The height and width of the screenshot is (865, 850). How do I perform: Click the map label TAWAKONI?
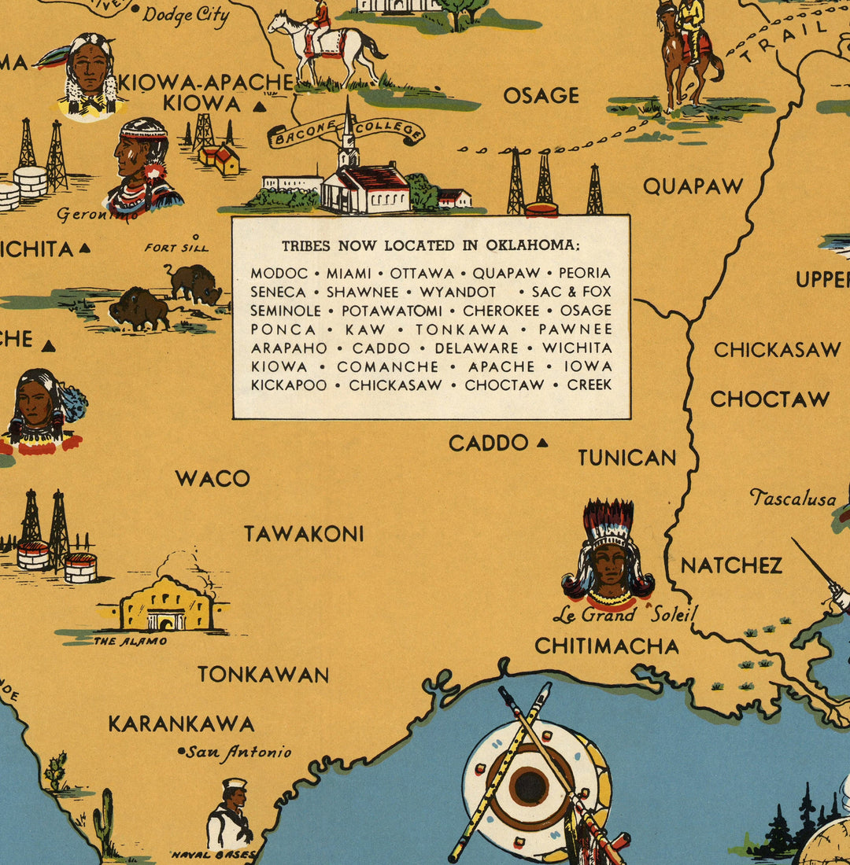(x=304, y=534)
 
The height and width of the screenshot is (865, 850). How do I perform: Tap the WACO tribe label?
(x=213, y=478)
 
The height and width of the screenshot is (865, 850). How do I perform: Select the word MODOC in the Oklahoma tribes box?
(x=279, y=273)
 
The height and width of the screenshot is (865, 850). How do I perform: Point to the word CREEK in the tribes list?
(x=589, y=385)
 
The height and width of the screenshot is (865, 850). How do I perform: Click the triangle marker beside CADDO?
(x=541, y=444)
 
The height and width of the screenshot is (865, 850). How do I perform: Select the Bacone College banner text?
(x=346, y=131)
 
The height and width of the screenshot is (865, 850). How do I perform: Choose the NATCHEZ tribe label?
(x=731, y=565)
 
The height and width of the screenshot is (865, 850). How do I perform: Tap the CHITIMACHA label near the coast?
(x=607, y=646)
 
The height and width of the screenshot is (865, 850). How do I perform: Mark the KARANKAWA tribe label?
(x=181, y=723)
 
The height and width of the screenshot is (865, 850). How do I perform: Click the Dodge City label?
(x=186, y=13)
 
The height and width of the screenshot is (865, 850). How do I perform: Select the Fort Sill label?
(x=176, y=248)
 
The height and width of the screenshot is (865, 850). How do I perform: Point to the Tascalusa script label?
(x=793, y=499)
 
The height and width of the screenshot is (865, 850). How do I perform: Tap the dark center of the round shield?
(x=530, y=787)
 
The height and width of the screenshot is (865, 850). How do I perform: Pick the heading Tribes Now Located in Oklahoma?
(x=431, y=245)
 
